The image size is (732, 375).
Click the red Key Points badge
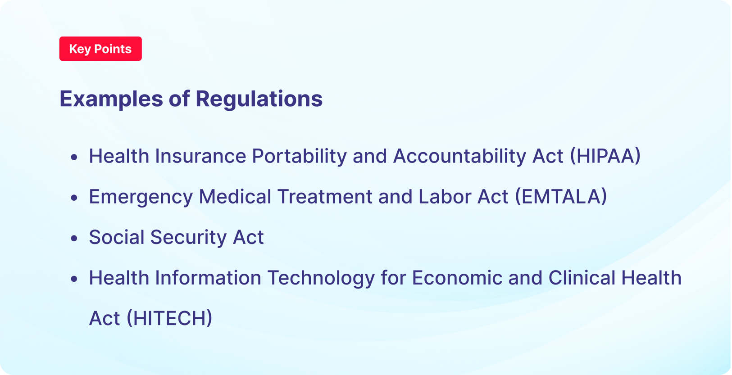100,49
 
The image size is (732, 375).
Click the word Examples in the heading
111,99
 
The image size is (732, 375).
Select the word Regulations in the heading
259,99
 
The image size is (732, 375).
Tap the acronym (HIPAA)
605,156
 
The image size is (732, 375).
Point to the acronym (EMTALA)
561,197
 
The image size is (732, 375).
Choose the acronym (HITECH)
169,318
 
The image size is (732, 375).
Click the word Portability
299,156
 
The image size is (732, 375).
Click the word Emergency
141,197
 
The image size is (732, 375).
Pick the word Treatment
324,197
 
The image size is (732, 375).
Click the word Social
116,237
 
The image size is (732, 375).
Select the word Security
188,238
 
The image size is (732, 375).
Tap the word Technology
321,278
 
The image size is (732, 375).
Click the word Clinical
582,278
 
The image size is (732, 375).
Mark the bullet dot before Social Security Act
74,238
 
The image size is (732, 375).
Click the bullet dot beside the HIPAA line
74,157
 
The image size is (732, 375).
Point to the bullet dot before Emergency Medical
74,198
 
